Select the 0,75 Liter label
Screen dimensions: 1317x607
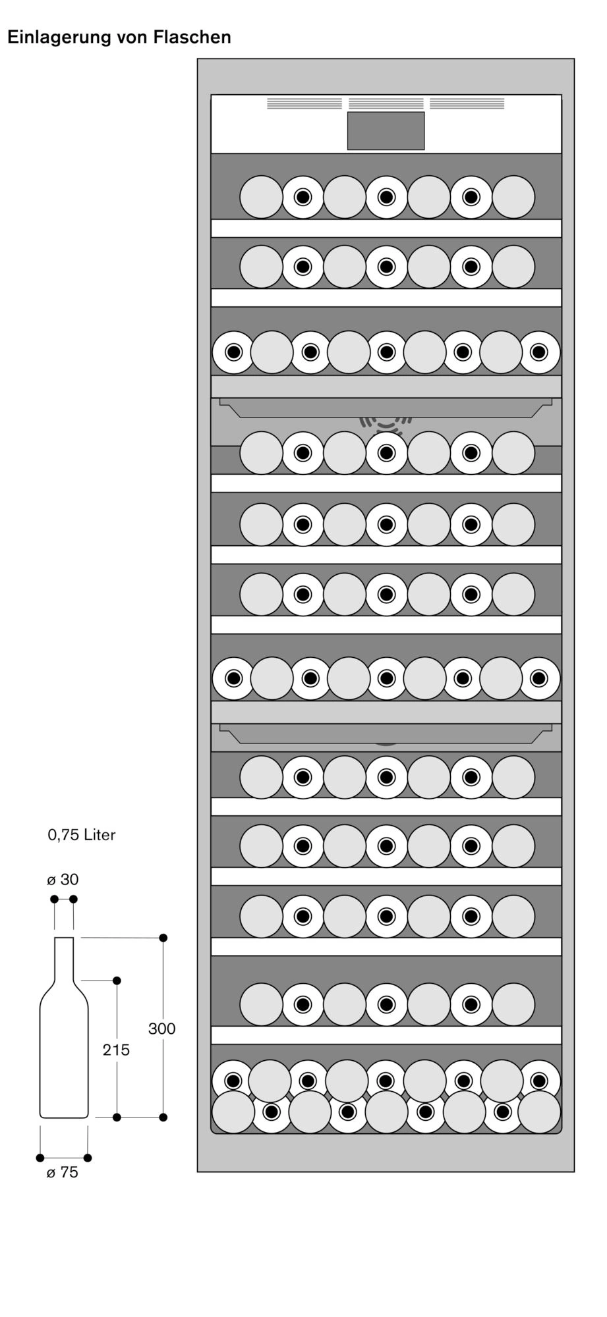[x=82, y=835]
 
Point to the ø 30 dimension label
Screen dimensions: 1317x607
[x=63, y=880]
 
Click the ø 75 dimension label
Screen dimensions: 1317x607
[x=63, y=1173]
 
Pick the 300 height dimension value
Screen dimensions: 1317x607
[x=161, y=1029]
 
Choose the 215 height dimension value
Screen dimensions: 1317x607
[x=116, y=1050]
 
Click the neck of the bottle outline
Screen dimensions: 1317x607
[x=64, y=958]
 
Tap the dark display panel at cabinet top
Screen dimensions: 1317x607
[x=386, y=130]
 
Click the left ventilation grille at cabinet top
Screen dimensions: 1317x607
[x=304, y=103]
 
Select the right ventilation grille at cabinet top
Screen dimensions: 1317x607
[x=467, y=103]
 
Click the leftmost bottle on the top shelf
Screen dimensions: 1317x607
[x=261, y=197]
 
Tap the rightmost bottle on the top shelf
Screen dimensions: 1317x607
[x=513, y=197]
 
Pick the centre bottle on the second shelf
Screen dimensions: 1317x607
[x=387, y=267]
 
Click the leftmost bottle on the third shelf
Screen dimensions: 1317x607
[x=233, y=352]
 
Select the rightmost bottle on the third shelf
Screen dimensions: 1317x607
[x=539, y=352]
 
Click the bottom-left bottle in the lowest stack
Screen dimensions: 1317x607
[x=233, y=1112]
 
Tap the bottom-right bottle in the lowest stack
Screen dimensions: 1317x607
[x=539, y=1112]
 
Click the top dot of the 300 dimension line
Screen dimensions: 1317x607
[x=163, y=938]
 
